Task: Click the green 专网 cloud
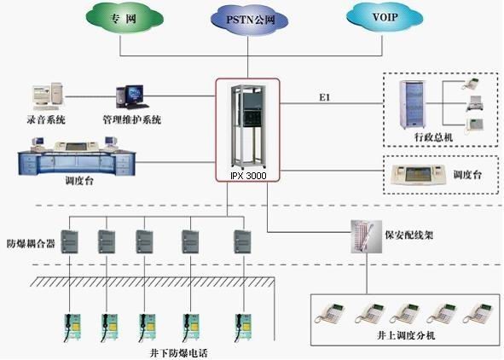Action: click(x=125, y=18)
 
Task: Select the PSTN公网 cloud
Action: click(x=249, y=20)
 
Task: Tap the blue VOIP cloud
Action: click(x=385, y=17)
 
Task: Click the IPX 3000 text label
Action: click(x=248, y=176)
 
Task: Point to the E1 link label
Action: click(x=325, y=97)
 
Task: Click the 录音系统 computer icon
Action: click(x=48, y=96)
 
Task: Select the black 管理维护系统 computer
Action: click(x=132, y=97)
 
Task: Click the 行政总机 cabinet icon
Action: click(x=413, y=104)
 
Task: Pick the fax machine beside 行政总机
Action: click(x=475, y=103)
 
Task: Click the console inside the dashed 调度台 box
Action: click(x=419, y=175)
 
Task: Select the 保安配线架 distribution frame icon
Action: click(x=366, y=236)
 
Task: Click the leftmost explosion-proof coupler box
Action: click(x=69, y=241)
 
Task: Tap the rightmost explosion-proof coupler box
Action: click(x=242, y=241)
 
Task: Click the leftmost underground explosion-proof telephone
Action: click(x=72, y=328)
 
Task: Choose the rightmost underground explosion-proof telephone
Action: click(x=243, y=328)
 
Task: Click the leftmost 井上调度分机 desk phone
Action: click(x=330, y=312)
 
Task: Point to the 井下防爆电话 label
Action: click(x=179, y=353)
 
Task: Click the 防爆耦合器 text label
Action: click(x=31, y=244)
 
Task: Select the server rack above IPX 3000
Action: click(x=248, y=126)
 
